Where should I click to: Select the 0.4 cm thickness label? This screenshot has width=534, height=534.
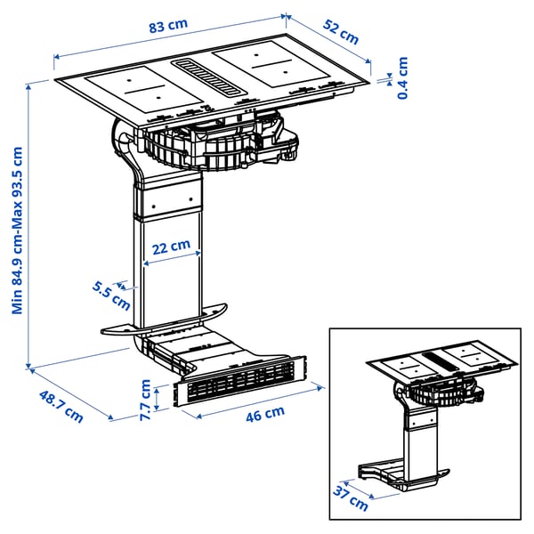[x=402, y=77]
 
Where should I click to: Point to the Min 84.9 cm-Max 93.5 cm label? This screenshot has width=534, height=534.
[x=18, y=219]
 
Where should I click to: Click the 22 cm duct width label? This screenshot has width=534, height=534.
[x=169, y=245]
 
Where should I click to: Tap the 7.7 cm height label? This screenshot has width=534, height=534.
[x=146, y=395]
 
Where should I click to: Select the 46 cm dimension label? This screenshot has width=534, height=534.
[x=264, y=413]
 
